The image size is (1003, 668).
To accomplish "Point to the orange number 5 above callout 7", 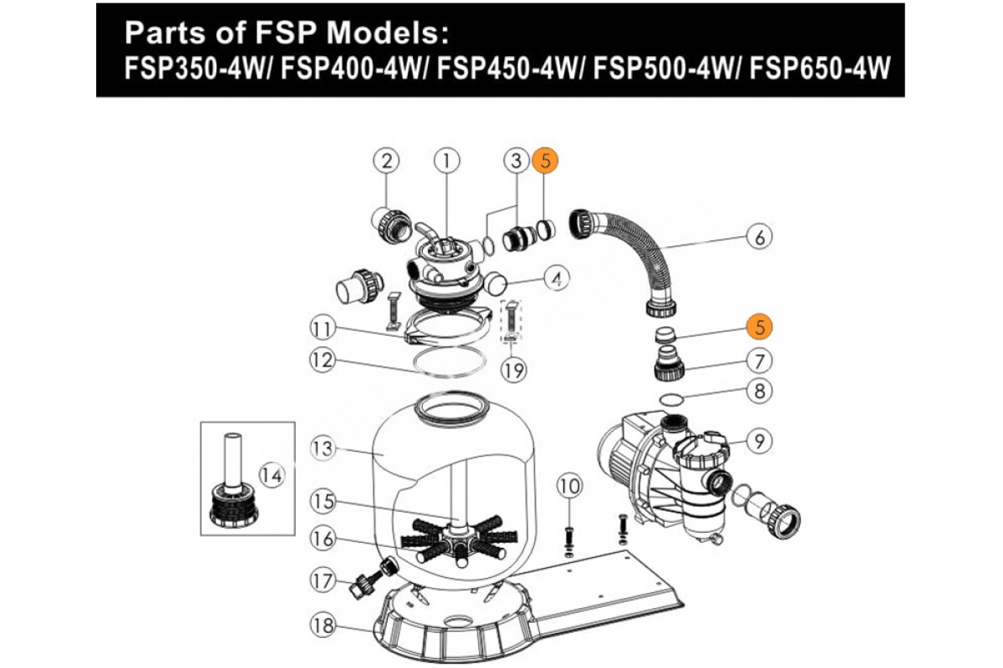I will (x=759, y=326).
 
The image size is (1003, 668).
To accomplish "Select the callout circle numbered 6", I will (x=759, y=237).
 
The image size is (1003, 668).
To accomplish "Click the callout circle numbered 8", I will (x=759, y=390).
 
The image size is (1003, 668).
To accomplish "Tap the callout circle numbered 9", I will (x=759, y=441).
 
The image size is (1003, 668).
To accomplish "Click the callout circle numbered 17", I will (x=323, y=580).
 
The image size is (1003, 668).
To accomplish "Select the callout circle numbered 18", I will (x=323, y=624).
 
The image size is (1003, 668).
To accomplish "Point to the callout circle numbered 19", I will (x=515, y=369).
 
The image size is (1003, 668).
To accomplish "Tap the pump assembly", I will (x=669, y=476).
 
